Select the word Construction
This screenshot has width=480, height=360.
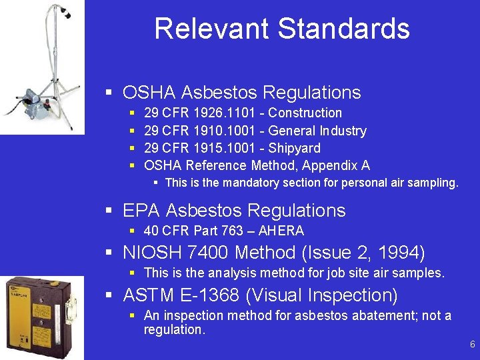[305, 113]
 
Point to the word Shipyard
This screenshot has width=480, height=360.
[294, 148]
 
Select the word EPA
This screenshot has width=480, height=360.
[141, 211]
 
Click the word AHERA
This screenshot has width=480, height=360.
[281, 231]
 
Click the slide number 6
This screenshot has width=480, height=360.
[472, 345]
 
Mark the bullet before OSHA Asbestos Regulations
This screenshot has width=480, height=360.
[109, 93]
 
